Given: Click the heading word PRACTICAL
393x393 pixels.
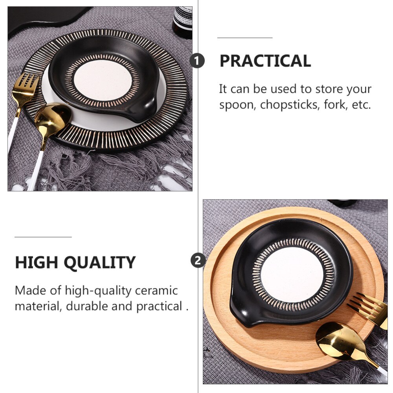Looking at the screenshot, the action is pyautogui.click(x=265, y=61).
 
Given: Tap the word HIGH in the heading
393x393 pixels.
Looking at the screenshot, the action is pyautogui.click(x=37, y=263).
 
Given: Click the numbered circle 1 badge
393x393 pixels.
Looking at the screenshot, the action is pyautogui.click(x=197, y=61).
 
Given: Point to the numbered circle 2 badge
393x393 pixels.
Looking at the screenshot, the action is pyautogui.click(x=198, y=260).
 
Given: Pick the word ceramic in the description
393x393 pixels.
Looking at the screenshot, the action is pyautogui.click(x=156, y=291).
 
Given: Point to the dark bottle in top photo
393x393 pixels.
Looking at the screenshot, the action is pyautogui.click(x=182, y=22).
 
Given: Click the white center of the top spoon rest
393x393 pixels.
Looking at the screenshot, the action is pyautogui.click(x=103, y=81).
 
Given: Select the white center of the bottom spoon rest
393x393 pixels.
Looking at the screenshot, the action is pyautogui.click(x=292, y=275).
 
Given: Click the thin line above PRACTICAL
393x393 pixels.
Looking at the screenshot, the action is pyautogui.click(x=245, y=38).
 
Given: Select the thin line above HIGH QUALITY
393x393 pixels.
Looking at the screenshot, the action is pyautogui.click(x=43, y=237).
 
